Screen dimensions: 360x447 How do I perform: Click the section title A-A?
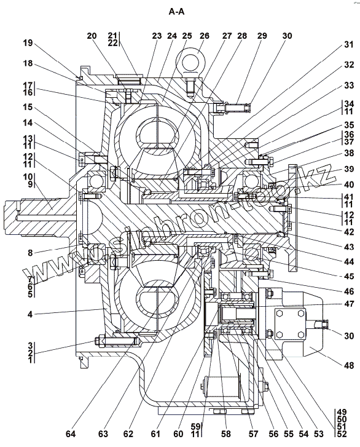pyautogui.click(x=176, y=12)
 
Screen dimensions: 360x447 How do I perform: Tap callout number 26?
pyautogui.click(x=204, y=36)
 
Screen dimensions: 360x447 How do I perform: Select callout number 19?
pyautogui.click(x=28, y=43)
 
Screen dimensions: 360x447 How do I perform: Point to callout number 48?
pyautogui.click(x=348, y=365)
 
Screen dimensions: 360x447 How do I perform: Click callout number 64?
pyautogui.click(x=71, y=433)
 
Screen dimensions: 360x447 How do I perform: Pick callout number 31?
pyautogui.click(x=348, y=44)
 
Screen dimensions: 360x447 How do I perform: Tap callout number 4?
pyautogui.click(x=30, y=314)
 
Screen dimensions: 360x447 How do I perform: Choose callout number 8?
pyautogui.click(x=30, y=253)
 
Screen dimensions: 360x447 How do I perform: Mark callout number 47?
pyautogui.click(x=348, y=304)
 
